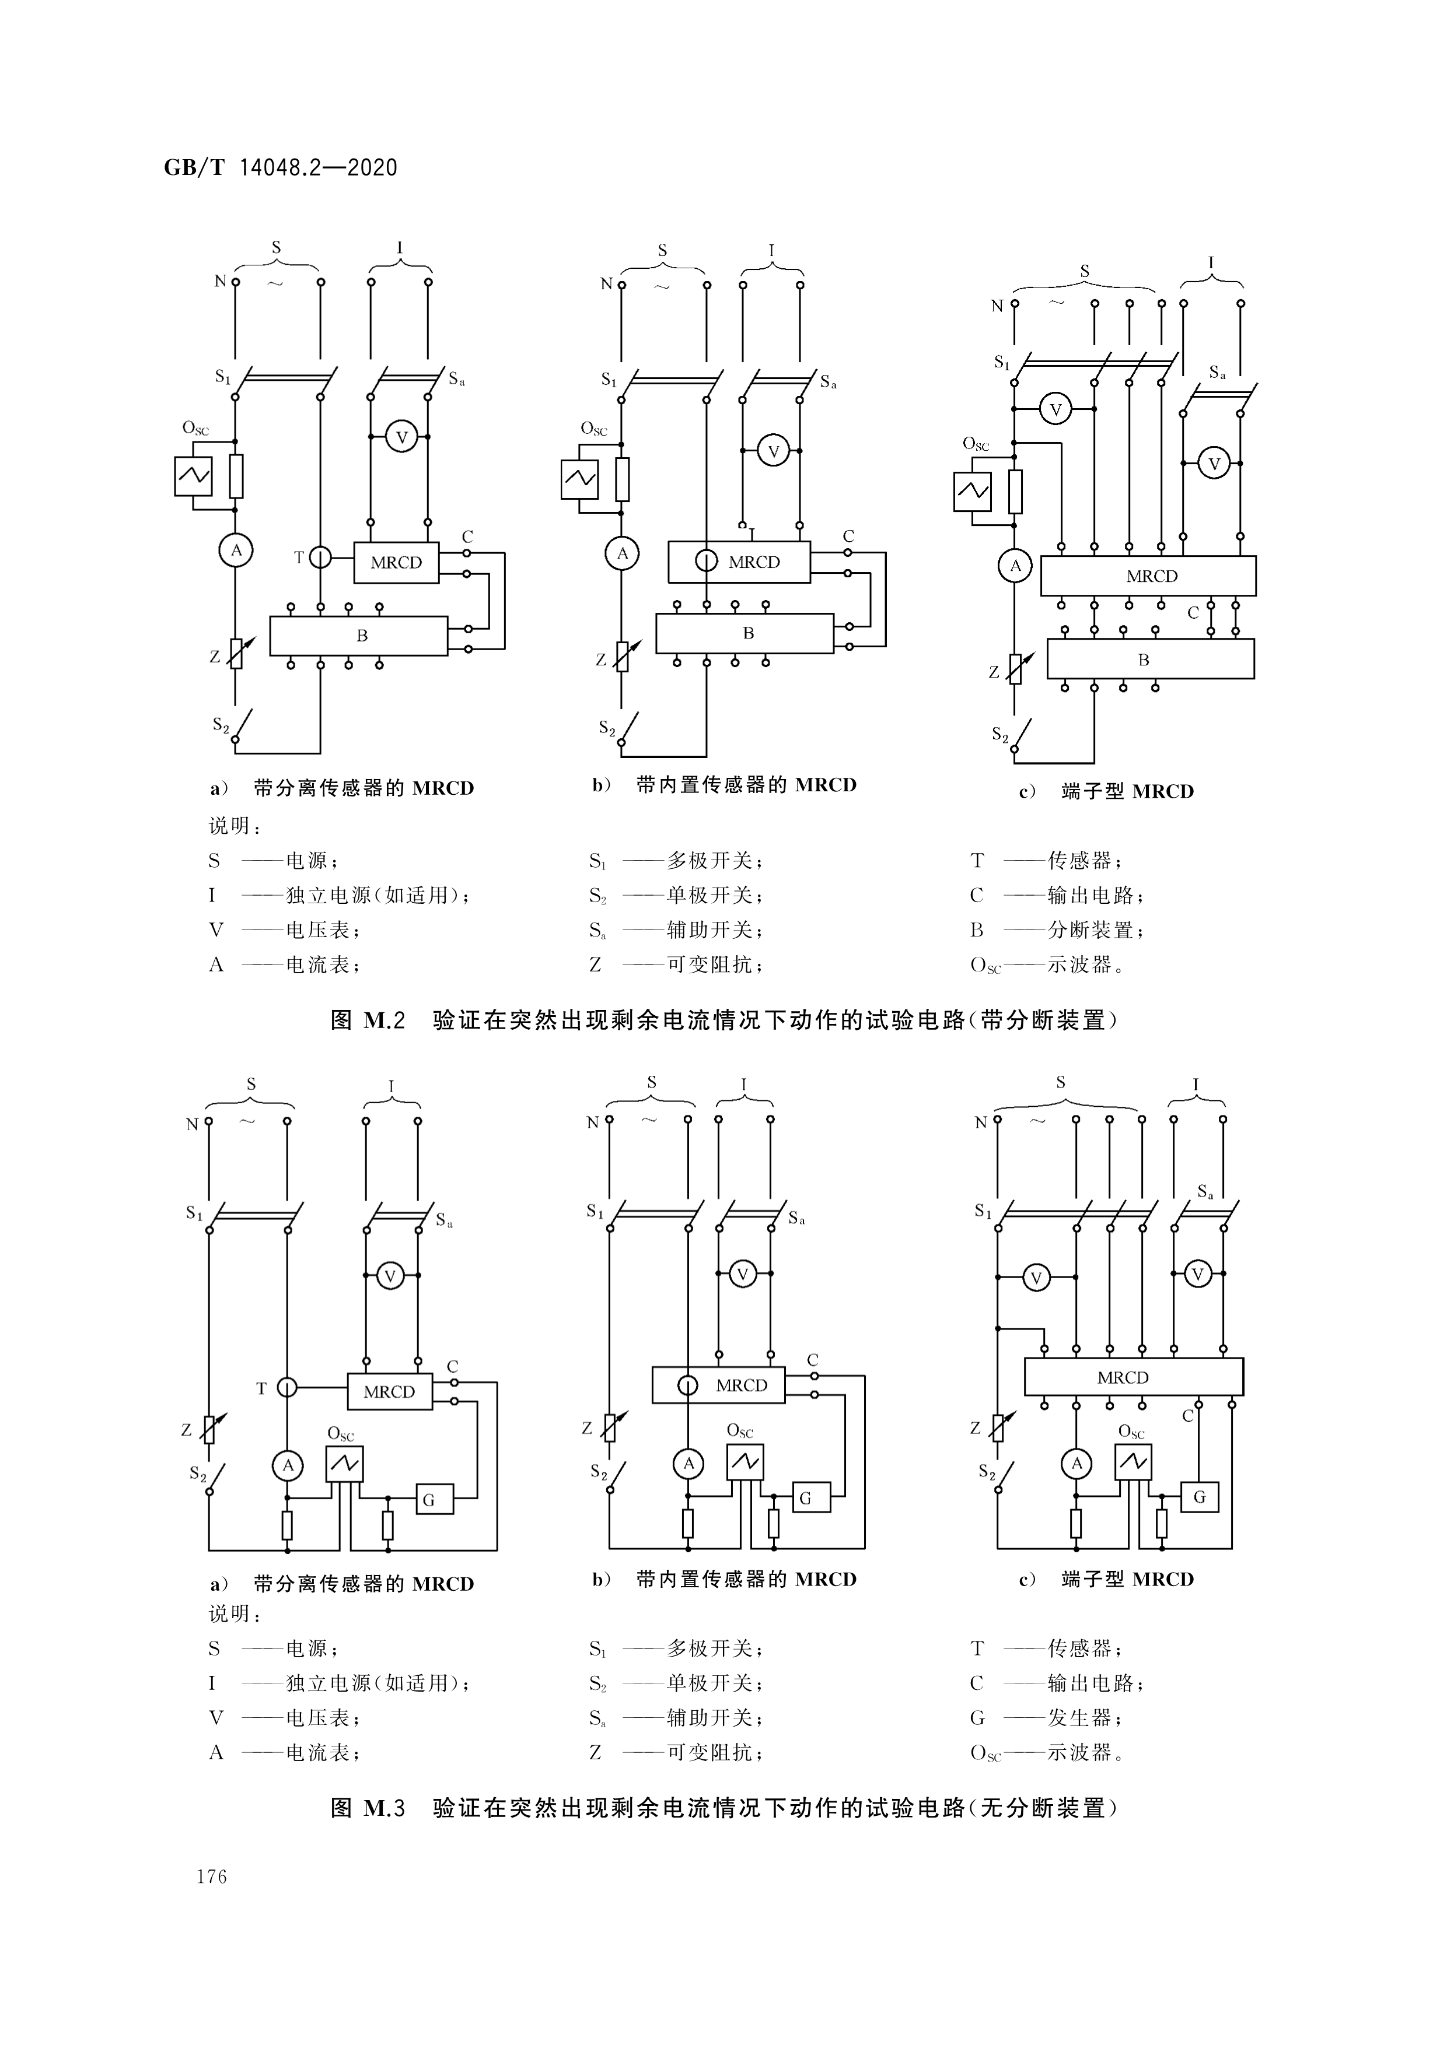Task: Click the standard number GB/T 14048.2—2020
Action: tap(281, 167)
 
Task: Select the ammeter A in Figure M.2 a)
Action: tap(236, 550)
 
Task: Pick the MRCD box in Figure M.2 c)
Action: tap(1148, 576)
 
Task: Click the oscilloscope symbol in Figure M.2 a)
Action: tap(193, 476)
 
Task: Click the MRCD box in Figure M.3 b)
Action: tap(719, 1385)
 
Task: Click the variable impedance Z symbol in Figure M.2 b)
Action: tap(623, 657)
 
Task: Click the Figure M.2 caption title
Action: tap(723, 1020)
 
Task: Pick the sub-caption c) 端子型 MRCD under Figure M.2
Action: tap(1107, 791)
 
